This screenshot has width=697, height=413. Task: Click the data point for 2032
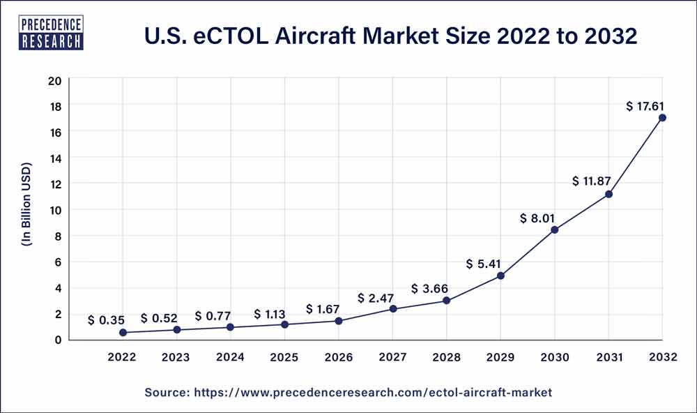pos(662,117)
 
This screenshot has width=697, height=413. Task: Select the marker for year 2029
pos(500,276)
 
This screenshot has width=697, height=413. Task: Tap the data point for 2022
pos(123,333)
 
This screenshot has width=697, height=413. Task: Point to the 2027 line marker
pos(393,308)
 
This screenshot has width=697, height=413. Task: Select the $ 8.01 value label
pos(539,218)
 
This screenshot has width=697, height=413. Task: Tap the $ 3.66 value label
pos(430,288)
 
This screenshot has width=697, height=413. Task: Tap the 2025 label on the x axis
pos(284,357)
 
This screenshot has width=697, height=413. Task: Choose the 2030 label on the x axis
pos(554,357)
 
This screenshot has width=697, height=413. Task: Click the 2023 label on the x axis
pos(176,357)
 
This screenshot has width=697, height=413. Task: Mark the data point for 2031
pos(608,194)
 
